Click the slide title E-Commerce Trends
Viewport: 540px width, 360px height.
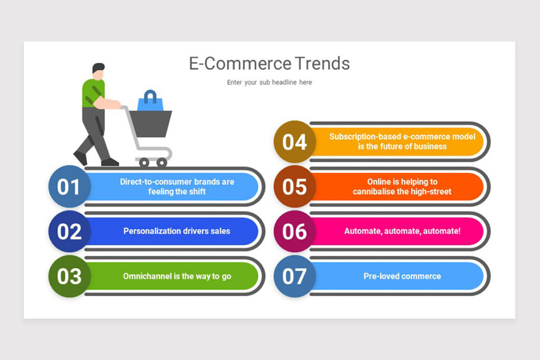pyautogui.click(x=269, y=63)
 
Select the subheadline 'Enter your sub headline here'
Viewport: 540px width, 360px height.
pyautogui.click(x=269, y=82)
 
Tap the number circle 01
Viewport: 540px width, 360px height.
pyautogui.click(x=69, y=187)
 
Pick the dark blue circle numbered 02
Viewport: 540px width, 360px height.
pyautogui.click(x=69, y=231)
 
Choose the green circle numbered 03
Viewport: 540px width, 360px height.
pyautogui.click(x=69, y=276)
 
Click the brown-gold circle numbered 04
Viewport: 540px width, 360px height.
pyautogui.click(x=294, y=142)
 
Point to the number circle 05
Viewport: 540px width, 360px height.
pyautogui.click(x=294, y=187)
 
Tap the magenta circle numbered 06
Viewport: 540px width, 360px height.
pyautogui.click(x=294, y=231)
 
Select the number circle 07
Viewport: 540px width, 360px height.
pyautogui.click(x=294, y=276)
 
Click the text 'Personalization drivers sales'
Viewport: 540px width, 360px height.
pyautogui.click(x=177, y=231)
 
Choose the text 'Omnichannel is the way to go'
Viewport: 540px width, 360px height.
pyautogui.click(x=177, y=276)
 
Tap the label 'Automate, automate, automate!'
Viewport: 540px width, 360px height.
pyautogui.click(x=402, y=231)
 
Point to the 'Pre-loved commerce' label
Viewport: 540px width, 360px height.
pyautogui.click(x=402, y=276)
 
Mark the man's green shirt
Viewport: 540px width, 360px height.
pyautogui.click(x=93, y=92)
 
